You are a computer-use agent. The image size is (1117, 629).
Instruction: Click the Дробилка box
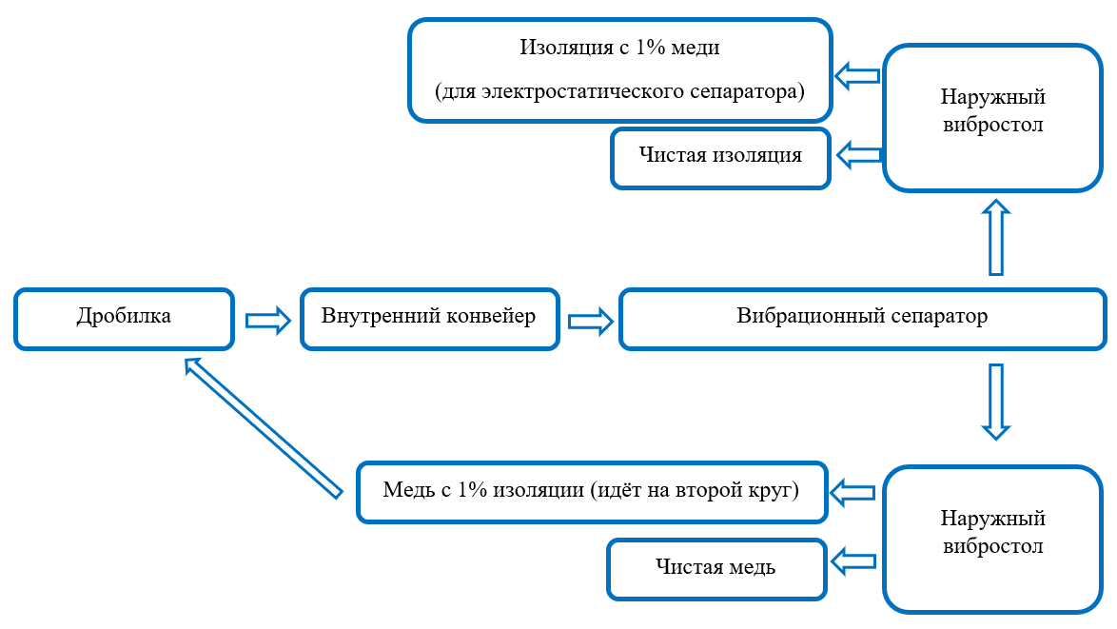[124, 318]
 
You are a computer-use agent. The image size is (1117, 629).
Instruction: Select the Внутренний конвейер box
[430, 318]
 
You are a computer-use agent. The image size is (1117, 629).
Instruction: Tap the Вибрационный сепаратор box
[862, 318]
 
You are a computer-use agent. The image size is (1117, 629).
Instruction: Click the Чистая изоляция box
[720, 156]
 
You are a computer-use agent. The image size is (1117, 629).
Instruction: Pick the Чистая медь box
[715, 568]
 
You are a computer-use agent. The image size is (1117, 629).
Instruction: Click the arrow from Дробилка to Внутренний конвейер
[266, 320]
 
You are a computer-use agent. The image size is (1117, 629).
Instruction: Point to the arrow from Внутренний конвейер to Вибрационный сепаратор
[590, 321]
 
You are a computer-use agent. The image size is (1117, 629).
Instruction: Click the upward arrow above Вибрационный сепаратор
[995, 238]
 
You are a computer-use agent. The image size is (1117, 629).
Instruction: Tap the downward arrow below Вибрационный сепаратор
[995, 400]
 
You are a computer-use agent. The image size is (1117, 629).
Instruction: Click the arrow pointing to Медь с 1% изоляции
[853, 492]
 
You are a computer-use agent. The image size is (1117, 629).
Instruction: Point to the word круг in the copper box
[776, 491]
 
